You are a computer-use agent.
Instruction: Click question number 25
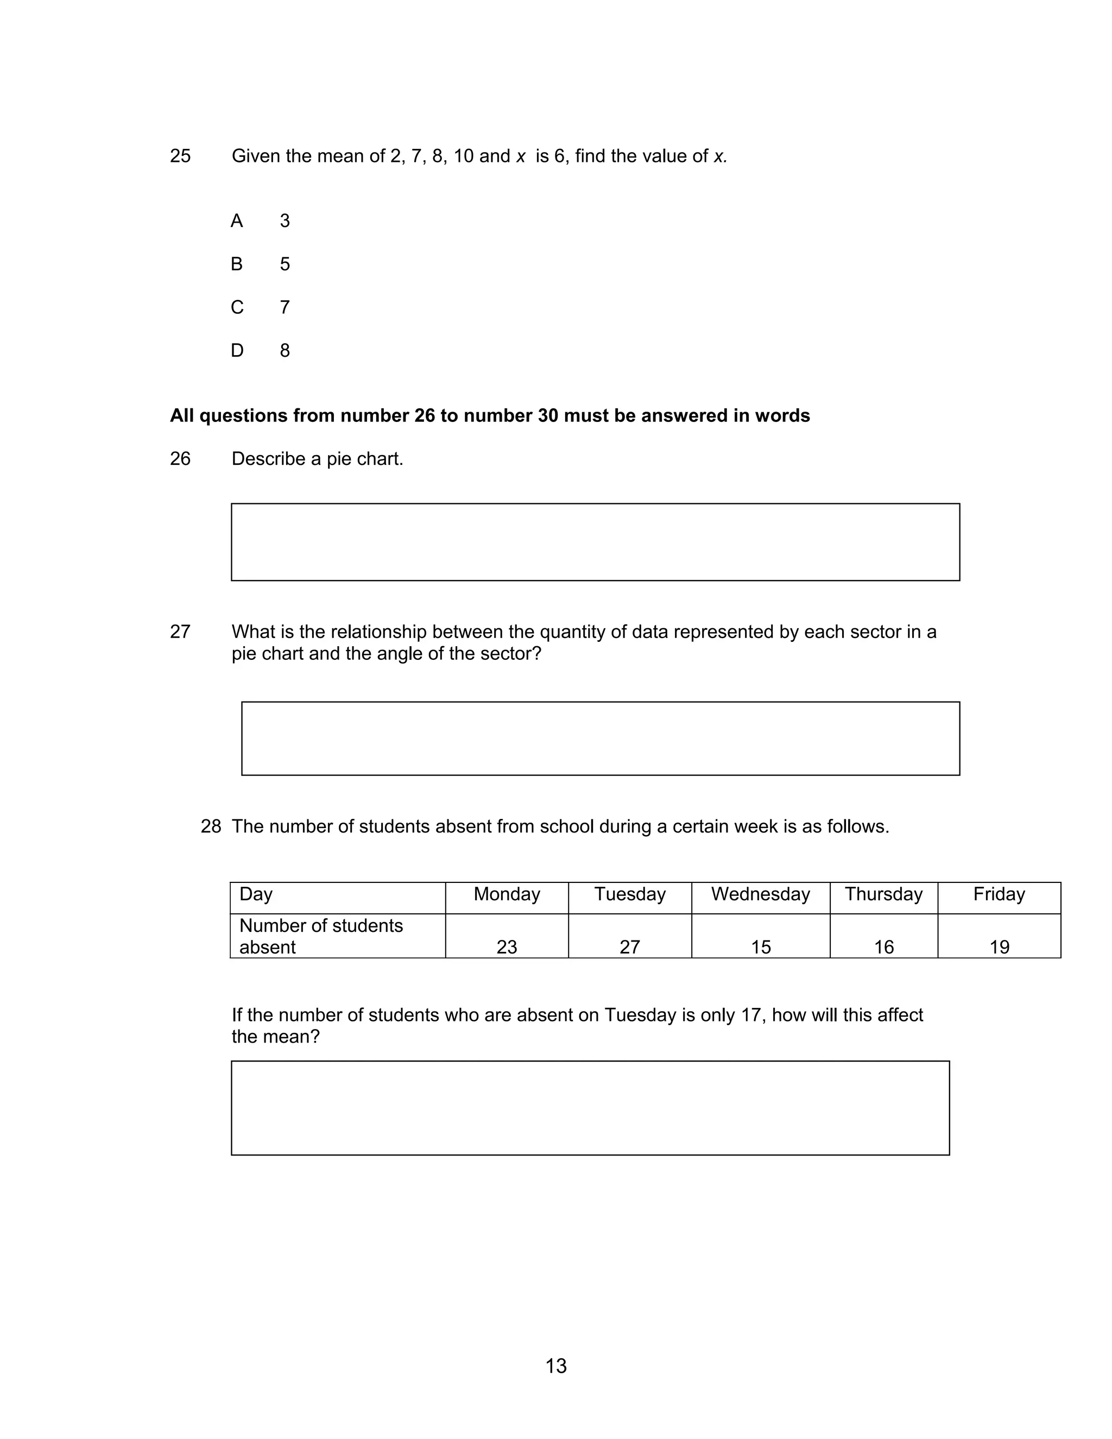pyautogui.click(x=180, y=156)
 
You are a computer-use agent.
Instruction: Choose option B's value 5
pyautogui.click(x=285, y=264)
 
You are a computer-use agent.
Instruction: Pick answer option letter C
pyautogui.click(x=237, y=308)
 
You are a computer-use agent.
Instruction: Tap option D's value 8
pyautogui.click(x=285, y=351)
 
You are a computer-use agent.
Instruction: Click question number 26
pyautogui.click(x=180, y=459)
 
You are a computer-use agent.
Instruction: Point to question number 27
pyautogui.click(x=180, y=632)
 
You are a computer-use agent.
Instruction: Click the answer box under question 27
pyautogui.click(x=600, y=738)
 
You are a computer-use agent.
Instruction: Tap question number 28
pyautogui.click(x=211, y=826)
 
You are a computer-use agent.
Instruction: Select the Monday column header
pyautogui.click(x=507, y=894)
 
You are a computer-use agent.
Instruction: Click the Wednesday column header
pyautogui.click(x=760, y=894)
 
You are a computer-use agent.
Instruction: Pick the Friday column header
pyautogui.click(x=999, y=894)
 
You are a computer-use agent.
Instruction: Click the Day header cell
pyautogui.click(x=256, y=894)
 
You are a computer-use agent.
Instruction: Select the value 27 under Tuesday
pyautogui.click(x=630, y=947)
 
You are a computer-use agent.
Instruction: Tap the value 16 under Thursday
pyautogui.click(x=883, y=947)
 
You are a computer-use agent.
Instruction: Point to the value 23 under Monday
pyautogui.click(x=507, y=947)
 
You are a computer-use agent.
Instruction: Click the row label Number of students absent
pyautogui.click(x=321, y=936)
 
